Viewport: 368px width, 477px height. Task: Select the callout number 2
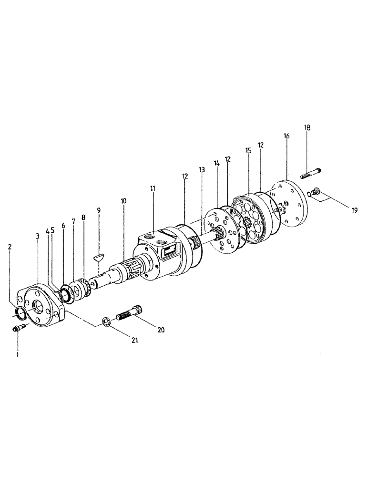coord(10,247)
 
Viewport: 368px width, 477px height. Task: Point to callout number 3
coord(38,236)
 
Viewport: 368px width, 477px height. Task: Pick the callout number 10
coord(123,201)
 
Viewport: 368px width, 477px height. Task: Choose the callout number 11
coord(153,189)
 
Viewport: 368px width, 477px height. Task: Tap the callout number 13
coord(202,170)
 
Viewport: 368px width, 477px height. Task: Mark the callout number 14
coord(216,163)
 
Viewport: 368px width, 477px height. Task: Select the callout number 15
coord(248,150)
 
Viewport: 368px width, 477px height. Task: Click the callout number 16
coord(286,136)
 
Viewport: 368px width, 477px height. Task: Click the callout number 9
coord(99,210)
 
